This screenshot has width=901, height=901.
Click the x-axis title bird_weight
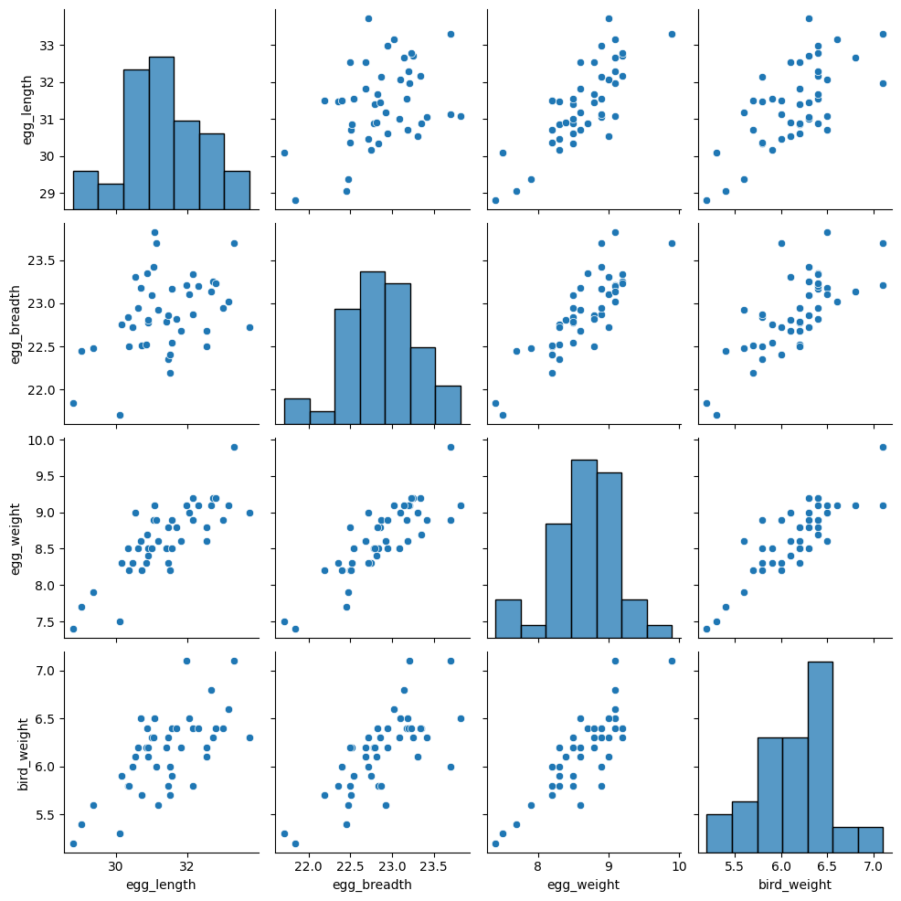point(793,885)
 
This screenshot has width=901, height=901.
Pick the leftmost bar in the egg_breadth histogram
point(297,411)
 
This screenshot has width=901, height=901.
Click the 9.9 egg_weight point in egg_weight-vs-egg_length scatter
point(234,447)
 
